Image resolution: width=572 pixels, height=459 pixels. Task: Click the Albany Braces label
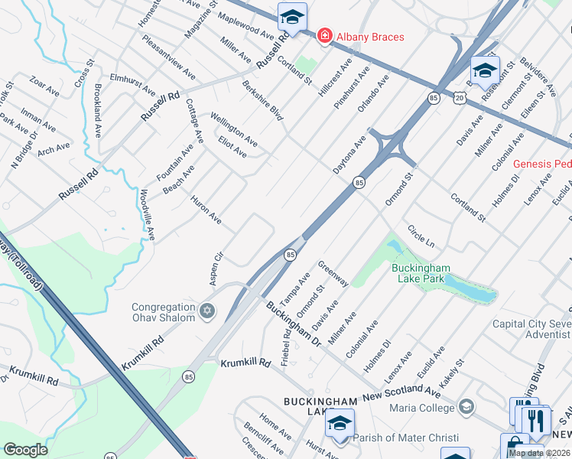[x=371, y=37]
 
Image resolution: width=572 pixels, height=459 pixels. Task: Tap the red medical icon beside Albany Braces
[x=325, y=36]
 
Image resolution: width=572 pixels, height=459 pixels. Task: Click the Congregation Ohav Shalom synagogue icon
[x=206, y=311]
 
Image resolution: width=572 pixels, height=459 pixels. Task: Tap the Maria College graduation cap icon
[x=466, y=406]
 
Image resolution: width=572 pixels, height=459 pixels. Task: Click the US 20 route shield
[x=458, y=98]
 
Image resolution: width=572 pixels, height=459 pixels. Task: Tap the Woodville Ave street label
[x=148, y=215]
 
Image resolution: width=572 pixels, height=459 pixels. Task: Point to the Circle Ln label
[x=421, y=236]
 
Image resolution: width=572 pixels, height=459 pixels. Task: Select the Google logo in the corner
[x=25, y=450]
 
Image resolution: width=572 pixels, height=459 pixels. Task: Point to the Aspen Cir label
[x=217, y=269]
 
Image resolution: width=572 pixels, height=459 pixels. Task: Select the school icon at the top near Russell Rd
[x=291, y=16]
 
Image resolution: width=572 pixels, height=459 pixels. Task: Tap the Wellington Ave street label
[x=233, y=130]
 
